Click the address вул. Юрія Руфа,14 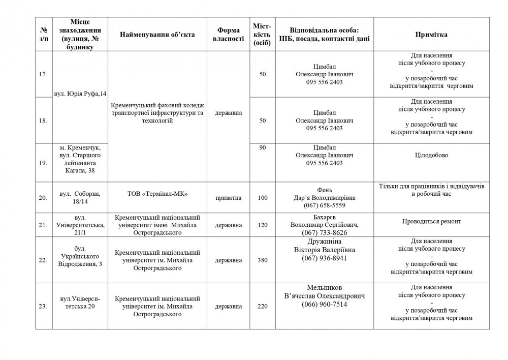pyautogui.click(x=80, y=94)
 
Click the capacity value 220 pyautogui.click(x=263, y=306)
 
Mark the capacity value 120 pyautogui.click(x=263, y=224)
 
